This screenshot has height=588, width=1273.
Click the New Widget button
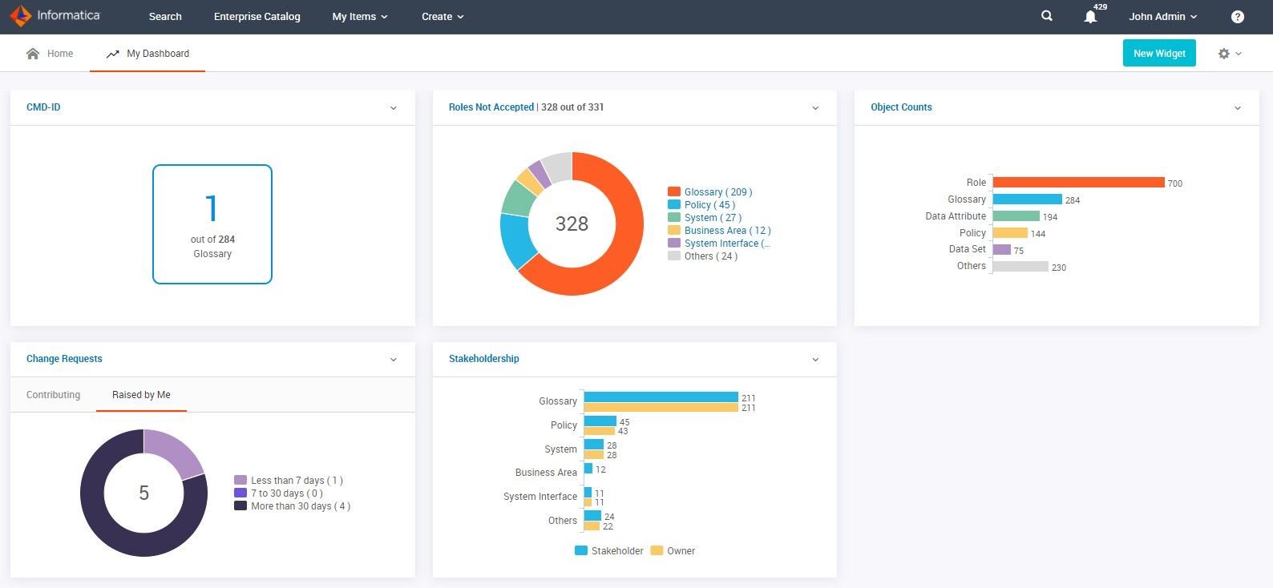1158,54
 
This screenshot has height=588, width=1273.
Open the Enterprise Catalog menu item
257,16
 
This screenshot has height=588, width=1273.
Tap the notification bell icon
1090,17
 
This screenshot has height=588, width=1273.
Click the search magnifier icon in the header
1046,16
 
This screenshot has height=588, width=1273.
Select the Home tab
50,54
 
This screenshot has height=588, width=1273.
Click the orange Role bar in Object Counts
1077,183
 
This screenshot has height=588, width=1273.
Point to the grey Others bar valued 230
1020,267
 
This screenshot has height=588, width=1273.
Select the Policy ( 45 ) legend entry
709,205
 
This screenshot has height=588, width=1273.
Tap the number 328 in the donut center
572,224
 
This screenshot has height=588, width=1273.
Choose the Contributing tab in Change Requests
53,395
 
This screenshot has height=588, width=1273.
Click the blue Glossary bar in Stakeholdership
661,397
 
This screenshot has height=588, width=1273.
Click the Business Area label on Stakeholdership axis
545,473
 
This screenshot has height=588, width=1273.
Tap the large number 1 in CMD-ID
212,208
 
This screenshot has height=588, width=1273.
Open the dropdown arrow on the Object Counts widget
1237,108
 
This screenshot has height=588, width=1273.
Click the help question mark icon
1237,17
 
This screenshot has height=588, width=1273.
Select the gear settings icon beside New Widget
1223,54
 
